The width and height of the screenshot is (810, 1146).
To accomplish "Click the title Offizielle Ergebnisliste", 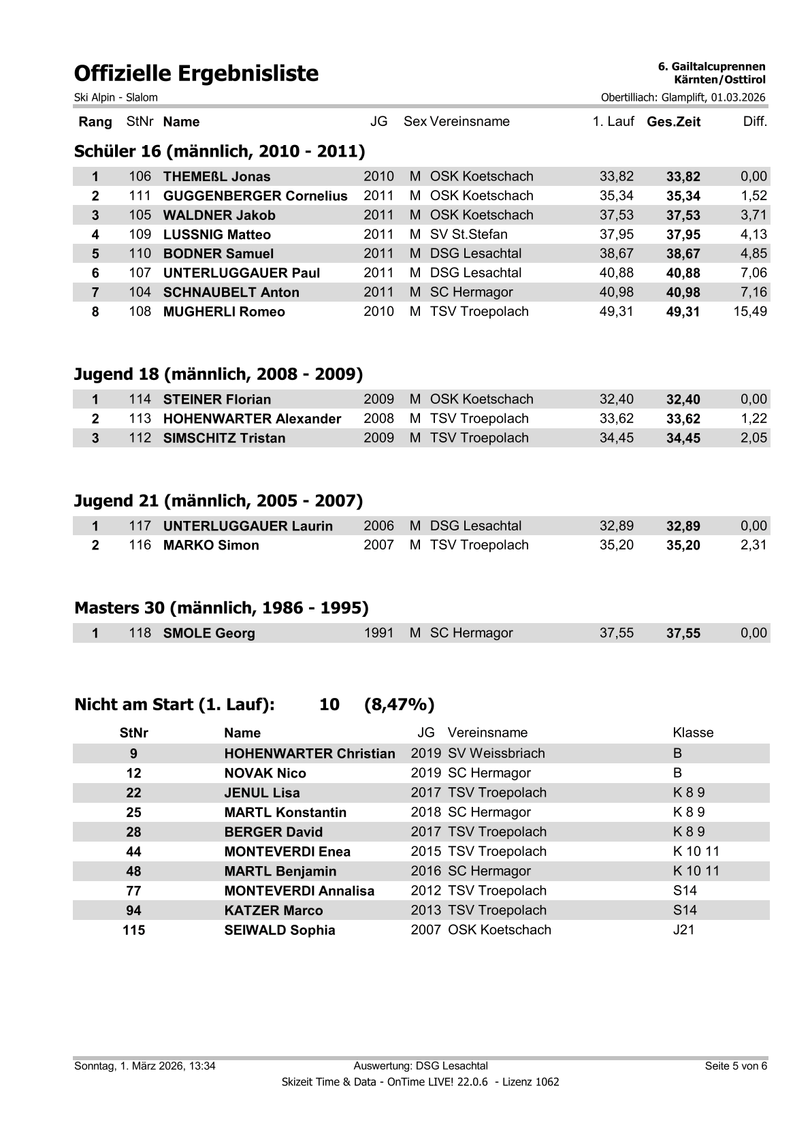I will [x=196, y=73].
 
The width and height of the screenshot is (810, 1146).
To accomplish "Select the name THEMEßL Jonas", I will [x=216, y=177].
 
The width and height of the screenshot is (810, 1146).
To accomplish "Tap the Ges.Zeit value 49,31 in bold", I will [x=683, y=313].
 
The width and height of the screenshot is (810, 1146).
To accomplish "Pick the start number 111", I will [x=140, y=196].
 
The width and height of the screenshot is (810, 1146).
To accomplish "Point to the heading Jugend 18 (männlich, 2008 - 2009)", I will [x=218, y=374].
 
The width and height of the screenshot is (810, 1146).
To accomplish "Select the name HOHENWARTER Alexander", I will [x=252, y=419].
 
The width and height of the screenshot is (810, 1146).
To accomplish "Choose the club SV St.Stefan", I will [x=468, y=235].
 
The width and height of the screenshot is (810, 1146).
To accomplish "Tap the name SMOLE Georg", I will [x=209, y=633].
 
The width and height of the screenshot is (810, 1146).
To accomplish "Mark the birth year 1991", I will [x=378, y=633].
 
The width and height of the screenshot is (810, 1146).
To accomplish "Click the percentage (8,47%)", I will [x=399, y=704].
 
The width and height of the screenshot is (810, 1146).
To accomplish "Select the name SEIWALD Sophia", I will [x=280, y=930].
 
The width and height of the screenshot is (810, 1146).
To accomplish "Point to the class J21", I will [x=683, y=930].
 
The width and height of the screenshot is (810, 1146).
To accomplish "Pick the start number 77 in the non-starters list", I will [x=133, y=891].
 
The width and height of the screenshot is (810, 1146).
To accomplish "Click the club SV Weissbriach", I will [x=496, y=754].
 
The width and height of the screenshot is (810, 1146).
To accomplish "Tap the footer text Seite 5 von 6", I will [x=736, y=1066].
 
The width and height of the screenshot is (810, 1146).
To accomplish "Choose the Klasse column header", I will [x=693, y=733].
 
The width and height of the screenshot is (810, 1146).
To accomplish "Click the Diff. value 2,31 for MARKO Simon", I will [x=754, y=545].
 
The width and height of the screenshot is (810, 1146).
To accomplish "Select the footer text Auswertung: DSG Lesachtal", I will [x=421, y=1066].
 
